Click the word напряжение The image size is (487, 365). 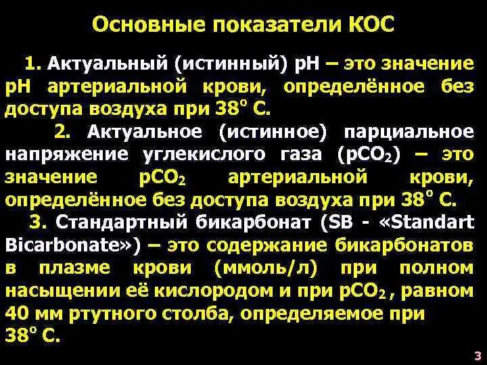(x=66, y=153)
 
